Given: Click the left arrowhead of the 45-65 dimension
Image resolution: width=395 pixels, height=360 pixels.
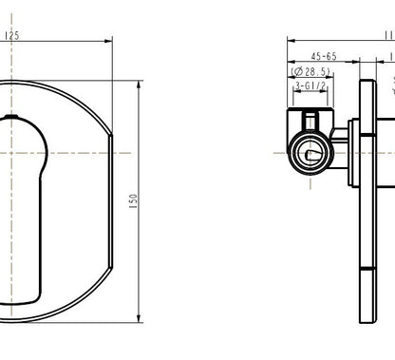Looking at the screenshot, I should pyautogui.click(x=291, y=63).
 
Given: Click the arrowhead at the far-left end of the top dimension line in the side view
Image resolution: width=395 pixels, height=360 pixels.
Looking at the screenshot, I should pyautogui.click(x=291, y=42).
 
